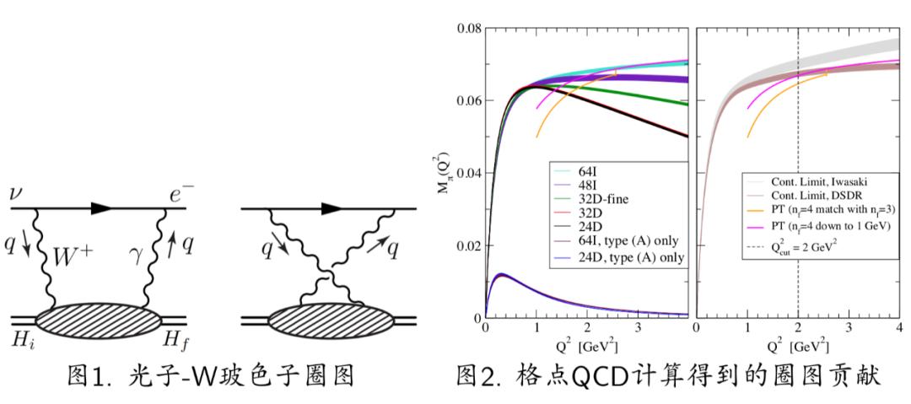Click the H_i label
click(x=18, y=340)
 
